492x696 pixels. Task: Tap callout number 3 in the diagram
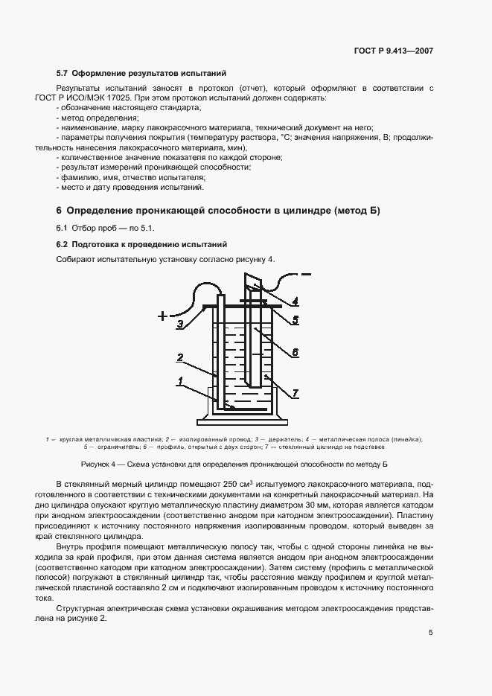pos(180,324)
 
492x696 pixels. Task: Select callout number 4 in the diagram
pos(295,301)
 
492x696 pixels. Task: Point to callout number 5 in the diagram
pos(295,320)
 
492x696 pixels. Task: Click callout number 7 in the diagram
pos(295,392)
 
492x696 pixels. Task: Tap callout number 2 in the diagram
pos(180,358)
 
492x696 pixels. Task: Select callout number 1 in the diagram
pos(180,381)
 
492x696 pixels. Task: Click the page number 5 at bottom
pos(431,633)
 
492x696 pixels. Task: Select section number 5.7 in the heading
pos(63,74)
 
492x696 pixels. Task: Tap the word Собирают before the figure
pos(74,259)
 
